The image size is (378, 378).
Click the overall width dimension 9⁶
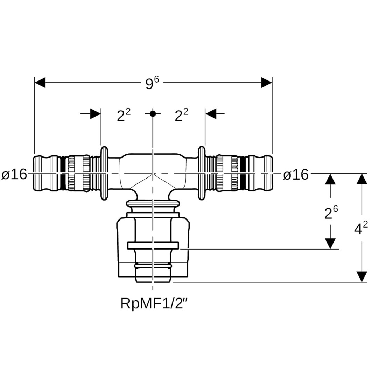[x=152, y=83]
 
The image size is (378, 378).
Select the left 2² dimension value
[x=124, y=115]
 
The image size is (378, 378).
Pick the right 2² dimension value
[x=181, y=115]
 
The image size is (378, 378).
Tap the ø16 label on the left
[x=14, y=174]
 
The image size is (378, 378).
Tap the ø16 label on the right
[x=296, y=174]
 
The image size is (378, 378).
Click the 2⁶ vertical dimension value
[x=331, y=212]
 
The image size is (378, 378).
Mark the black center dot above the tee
[x=153, y=113]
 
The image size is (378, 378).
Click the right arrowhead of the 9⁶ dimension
[x=267, y=83]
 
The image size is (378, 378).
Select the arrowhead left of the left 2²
[x=96, y=114]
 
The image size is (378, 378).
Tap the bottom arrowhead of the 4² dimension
[x=362, y=276]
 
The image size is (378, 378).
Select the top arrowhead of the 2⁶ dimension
[x=330, y=179]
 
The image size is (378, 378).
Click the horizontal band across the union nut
[x=153, y=246]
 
